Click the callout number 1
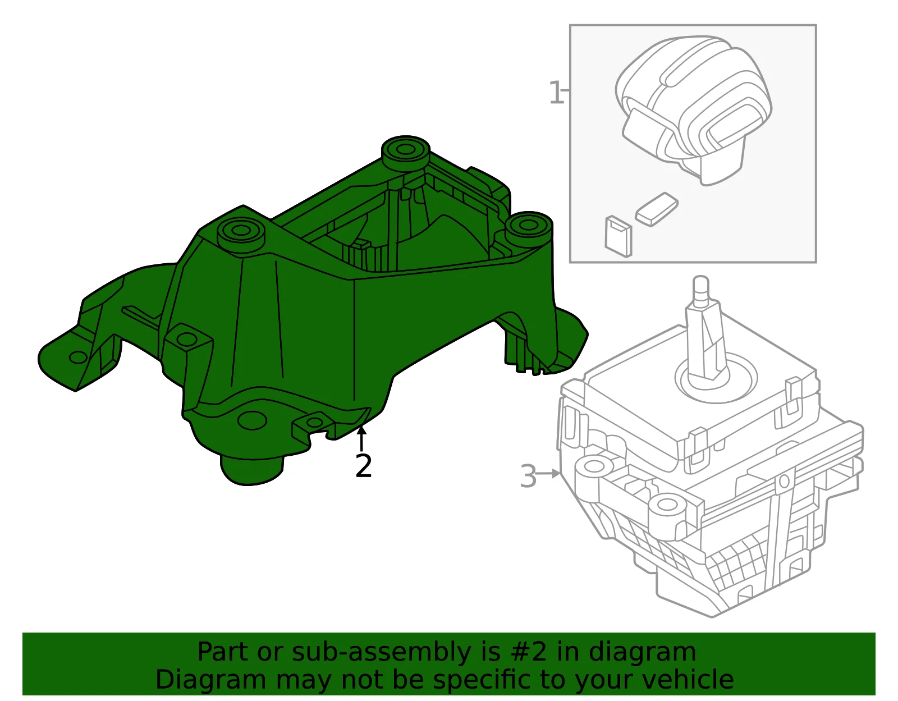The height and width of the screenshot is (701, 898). point(556,93)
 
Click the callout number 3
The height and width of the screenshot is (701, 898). point(528,476)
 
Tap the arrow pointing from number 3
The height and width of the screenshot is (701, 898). point(548,474)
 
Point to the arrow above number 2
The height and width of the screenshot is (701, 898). point(361,439)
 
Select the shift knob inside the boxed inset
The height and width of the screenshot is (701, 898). point(694,109)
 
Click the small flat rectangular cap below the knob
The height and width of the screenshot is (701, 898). point(657,209)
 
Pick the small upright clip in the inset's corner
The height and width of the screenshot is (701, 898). point(618,237)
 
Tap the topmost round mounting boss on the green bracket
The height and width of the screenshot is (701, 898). point(405,152)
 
